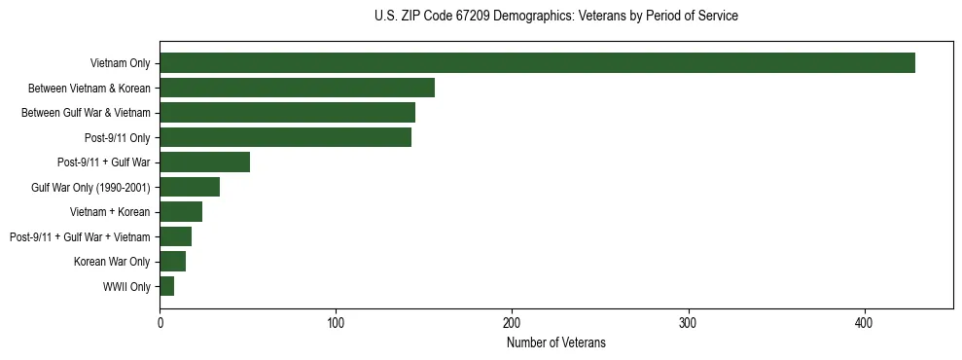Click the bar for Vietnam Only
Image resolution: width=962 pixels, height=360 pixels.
tap(537, 63)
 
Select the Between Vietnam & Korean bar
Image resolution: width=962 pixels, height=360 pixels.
tap(297, 88)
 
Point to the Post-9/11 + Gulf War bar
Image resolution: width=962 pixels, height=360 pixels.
tap(204, 162)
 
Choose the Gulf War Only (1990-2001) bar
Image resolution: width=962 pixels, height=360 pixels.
tap(190, 187)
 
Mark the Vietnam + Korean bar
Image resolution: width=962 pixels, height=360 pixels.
tap(181, 212)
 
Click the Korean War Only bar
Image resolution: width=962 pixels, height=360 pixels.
tap(172, 262)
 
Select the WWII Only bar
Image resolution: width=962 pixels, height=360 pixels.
tap(166, 286)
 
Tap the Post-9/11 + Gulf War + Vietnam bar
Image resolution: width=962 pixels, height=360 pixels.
tap(175, 236)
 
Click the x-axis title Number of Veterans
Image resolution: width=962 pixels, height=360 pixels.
tap(555, 342)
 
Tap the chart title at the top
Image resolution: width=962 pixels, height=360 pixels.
tap(555, 17)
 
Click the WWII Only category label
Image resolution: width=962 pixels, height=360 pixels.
tap(126, 287)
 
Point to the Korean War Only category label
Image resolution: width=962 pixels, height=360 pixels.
tap(112, 262)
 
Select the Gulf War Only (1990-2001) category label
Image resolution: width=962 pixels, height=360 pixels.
tap(90, 188)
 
